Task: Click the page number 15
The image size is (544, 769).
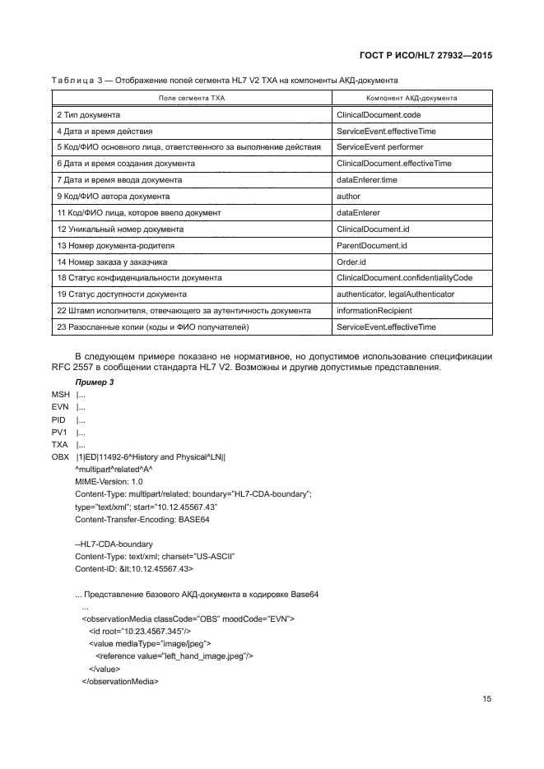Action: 486,699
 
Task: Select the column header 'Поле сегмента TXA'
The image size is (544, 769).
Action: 191,97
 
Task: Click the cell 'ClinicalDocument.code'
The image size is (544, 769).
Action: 379,113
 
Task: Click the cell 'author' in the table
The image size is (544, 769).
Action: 349,196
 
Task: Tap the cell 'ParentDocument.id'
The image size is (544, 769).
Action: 372,245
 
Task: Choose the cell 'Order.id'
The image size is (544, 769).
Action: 351,262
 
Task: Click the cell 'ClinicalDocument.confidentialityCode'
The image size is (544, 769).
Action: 404,278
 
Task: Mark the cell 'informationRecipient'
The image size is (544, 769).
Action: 374,311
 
